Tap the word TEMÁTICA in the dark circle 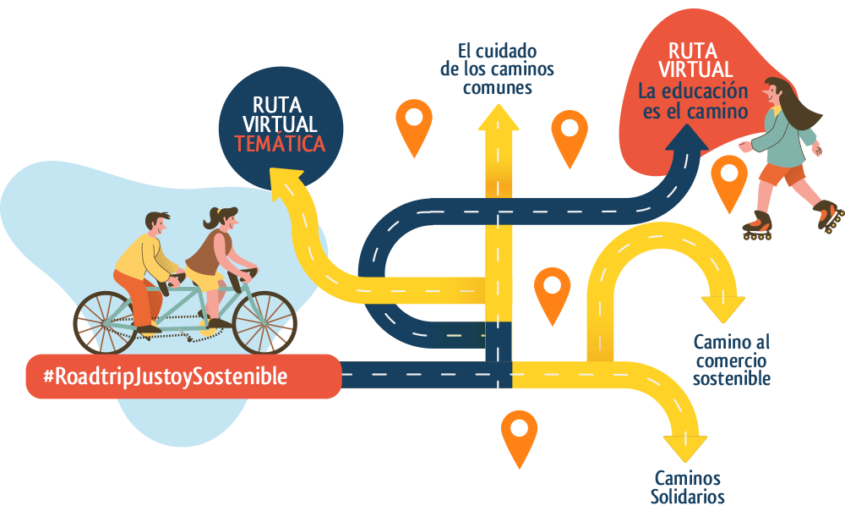tap(280, 145)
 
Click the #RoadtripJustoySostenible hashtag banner tap(183, 377)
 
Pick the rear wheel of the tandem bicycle tap(106, 322)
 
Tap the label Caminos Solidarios tap(687, 487)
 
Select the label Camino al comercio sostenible tap(731, 360)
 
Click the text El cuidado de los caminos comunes tap(488, 69)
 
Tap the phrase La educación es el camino tap(693, 101)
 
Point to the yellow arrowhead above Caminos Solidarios tap(685, 445)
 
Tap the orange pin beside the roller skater tap(728, 181)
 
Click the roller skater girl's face tap(775, 91)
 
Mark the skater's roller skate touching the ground tap(758, 228)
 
